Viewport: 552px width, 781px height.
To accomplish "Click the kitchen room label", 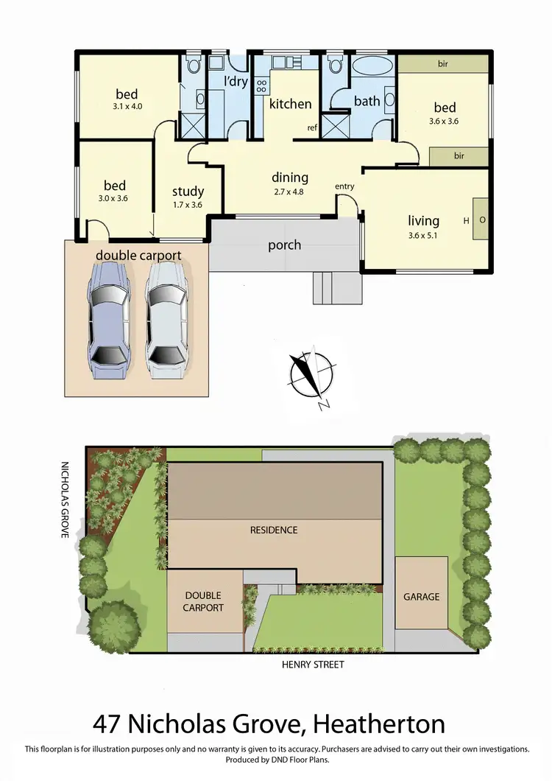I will (x=290, y=104).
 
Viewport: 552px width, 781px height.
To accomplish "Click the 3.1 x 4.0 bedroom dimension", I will (x=127, y=106).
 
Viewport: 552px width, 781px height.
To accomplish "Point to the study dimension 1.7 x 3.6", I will (x=187, y=206).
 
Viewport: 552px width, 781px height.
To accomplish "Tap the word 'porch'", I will (x=284, y=245).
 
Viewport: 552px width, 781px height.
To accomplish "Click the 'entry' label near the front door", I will (x=344, y=186).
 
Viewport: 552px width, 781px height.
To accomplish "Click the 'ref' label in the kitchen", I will (x=312, y=128).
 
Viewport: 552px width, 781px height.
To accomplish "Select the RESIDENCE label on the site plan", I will (x=273, y=530).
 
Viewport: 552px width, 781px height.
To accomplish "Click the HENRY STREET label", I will (x=313, y=665).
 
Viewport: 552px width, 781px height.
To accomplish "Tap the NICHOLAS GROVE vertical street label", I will (x=64, y=500).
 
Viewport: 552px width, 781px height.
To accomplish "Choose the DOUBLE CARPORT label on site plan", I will (x=203, y=601).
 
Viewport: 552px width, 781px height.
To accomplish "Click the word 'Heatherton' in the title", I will (x=379, y=724).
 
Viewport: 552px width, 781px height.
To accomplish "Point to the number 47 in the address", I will (x=109, y=724).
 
